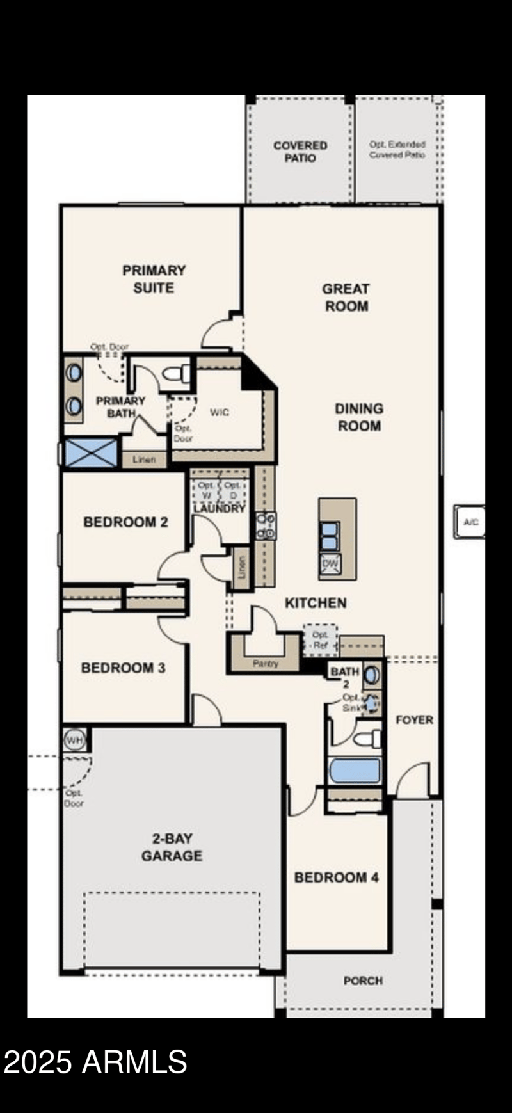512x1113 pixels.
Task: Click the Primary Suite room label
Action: [x=154, y=279]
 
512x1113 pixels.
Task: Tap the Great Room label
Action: [x=346, y=298]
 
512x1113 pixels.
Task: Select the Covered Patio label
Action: [x=300, y=152]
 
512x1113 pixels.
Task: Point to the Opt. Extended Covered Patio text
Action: [x=397, y=150]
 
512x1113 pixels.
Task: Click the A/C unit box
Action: [x=470, y=522]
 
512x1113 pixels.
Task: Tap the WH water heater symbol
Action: [x=75, y=741]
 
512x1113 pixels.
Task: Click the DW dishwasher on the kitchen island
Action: [x=330, y=564]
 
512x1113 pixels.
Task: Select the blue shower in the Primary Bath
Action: [x=92, y=453]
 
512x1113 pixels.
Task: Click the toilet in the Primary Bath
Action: [x=177, y=373]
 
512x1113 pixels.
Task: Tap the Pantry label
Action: [x=265, y=664]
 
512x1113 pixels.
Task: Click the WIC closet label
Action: [x=220, y=412]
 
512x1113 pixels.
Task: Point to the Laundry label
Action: [x=220, y=508]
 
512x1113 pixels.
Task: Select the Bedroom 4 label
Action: [x=336, y=877]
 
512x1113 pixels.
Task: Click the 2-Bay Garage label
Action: [x=172, y=847]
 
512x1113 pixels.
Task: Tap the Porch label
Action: [x=363, y=981]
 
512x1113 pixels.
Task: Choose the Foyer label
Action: [x=414, y=719]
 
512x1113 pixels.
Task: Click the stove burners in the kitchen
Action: [x=266, y=525]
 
